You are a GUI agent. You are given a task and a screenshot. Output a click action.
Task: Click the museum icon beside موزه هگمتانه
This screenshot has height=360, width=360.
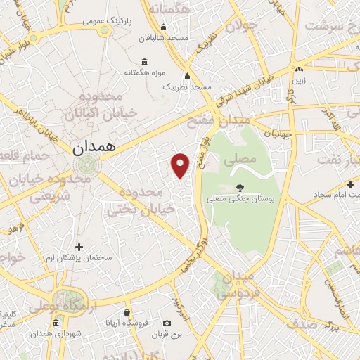click(x=144, y=61)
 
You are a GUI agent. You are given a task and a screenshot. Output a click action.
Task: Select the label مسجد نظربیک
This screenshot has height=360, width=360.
click(x=187, y=86)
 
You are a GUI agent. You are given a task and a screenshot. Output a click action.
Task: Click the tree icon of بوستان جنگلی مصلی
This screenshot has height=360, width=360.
click(x=240, y=188)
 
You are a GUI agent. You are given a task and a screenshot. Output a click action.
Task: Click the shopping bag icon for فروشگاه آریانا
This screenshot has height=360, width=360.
click(x=127, y=312)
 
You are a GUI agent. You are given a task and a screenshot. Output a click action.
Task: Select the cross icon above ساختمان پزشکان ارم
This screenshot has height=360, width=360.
click(x=79, y=247)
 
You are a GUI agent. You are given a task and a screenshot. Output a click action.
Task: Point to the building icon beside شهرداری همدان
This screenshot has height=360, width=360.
click(x=56, y=323)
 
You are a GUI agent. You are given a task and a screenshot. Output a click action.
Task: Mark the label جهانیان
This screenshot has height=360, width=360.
click(x=276, y=133)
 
